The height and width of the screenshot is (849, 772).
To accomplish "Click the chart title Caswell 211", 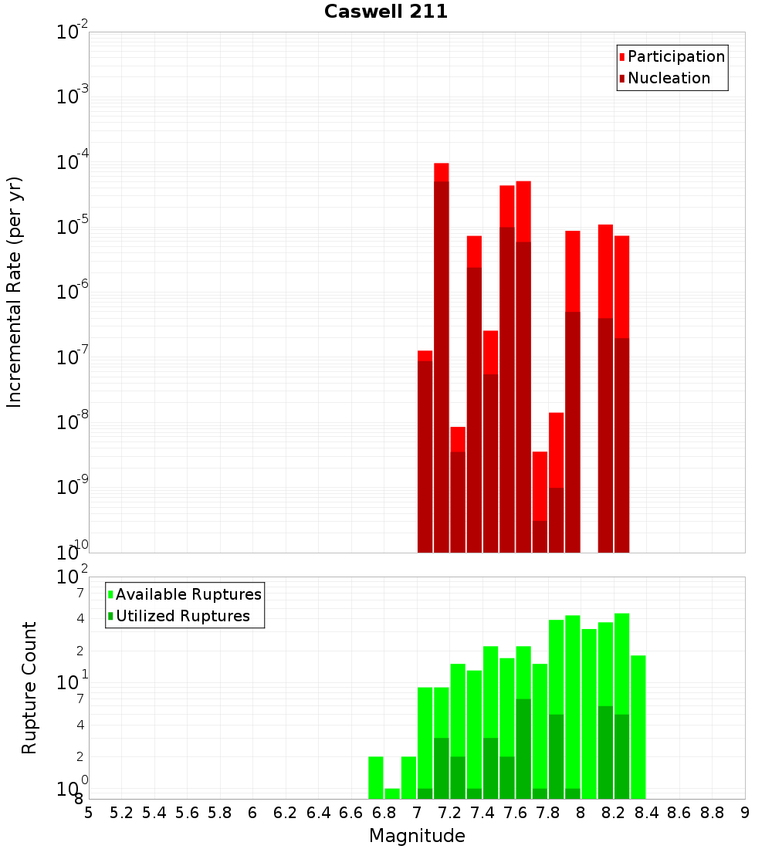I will coord(386,12).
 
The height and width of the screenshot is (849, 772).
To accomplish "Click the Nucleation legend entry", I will coord(668,78).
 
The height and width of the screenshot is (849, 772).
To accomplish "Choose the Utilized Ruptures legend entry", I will coord(182,616).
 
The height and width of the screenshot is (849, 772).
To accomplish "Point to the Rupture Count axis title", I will coord(29,688).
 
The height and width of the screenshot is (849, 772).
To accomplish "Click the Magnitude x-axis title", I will coord(417,836).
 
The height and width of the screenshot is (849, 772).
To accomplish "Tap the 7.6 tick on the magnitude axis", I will coord(515,813).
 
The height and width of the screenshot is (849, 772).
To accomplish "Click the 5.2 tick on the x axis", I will coord(121,813).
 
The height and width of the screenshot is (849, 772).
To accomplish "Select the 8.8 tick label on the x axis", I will coord(712,813).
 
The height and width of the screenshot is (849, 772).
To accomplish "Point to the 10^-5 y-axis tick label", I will coord(73,228).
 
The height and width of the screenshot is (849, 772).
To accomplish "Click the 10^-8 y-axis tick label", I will coord(73,424).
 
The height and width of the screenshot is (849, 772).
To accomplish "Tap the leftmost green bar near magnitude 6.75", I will coord(376,777).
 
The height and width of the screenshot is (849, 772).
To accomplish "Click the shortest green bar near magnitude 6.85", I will coord(392,793).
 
